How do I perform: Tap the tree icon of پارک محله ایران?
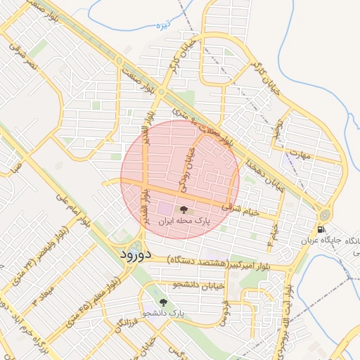(184, 210)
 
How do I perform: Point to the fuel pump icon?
(321, 230)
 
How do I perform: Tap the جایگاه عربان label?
(320, 240)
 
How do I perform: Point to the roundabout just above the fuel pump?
(325, 214)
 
